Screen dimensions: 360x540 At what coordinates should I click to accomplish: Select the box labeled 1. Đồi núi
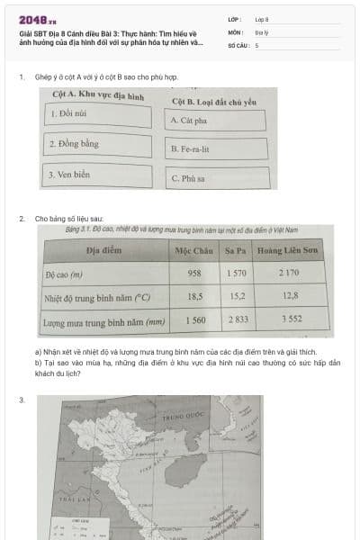coord(99,115)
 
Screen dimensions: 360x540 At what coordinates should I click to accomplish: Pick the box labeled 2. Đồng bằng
coord(99,144)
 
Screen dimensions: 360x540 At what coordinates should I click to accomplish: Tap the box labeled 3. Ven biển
coord(99,174)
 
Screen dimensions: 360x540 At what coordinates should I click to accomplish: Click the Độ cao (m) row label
coord(65,274)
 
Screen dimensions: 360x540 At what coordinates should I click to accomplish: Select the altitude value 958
coord(194,274)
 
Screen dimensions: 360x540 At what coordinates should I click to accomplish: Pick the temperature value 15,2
coord(237,296)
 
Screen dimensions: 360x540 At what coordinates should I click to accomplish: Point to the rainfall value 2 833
coord(237,319)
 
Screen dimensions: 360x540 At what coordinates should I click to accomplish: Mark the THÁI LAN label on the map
coord(69,496)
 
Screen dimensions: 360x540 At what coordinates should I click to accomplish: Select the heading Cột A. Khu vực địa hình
coord(99,94)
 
